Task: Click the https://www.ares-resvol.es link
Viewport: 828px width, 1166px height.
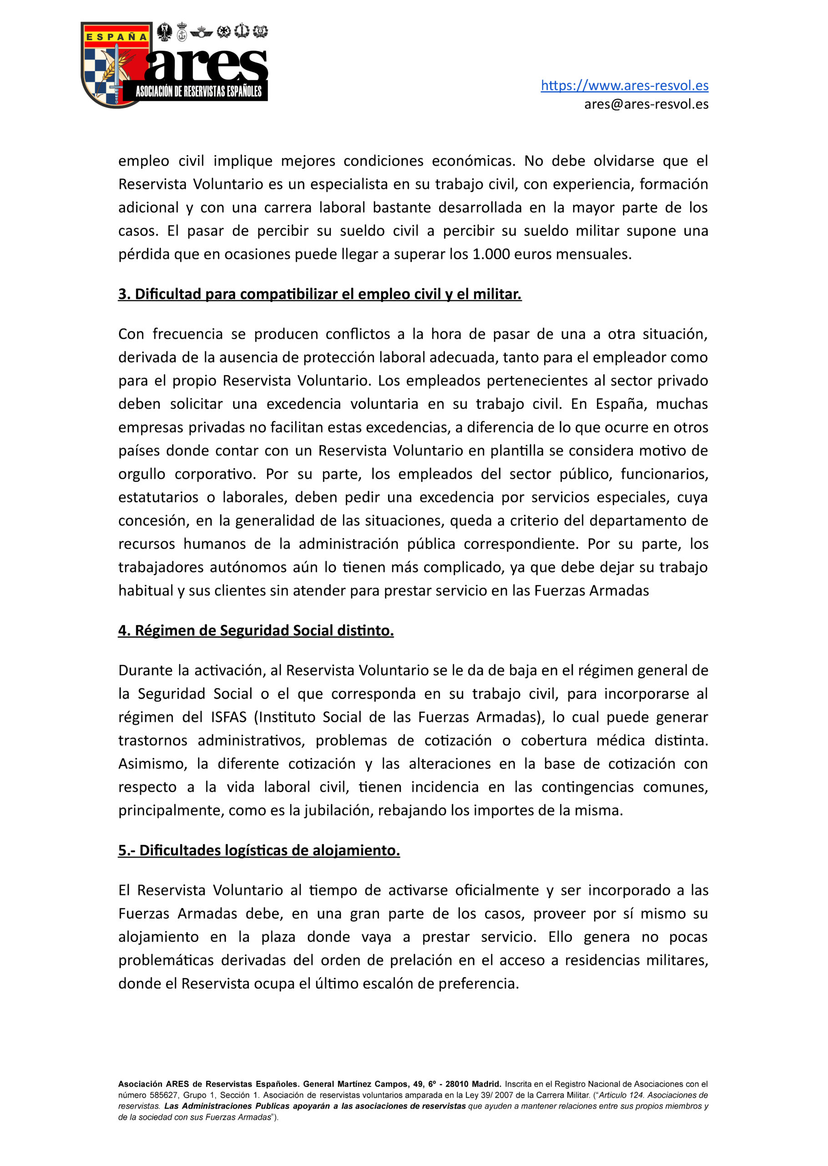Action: click(624, 85)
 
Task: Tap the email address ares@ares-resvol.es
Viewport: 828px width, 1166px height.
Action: click(646, 104)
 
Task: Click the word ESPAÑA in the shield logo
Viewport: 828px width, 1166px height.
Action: click(116, 37)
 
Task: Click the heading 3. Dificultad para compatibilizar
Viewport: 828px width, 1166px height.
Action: click(320, 294)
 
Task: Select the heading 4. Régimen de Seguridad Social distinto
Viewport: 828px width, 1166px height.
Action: click(256, 631)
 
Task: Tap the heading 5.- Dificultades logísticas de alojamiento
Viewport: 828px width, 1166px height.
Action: click(259, 851)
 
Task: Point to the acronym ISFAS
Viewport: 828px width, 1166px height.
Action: click(228, 717)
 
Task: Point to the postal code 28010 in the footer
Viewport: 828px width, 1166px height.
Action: click(459, 1084)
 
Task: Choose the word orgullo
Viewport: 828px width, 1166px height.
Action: click(142, 474)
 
